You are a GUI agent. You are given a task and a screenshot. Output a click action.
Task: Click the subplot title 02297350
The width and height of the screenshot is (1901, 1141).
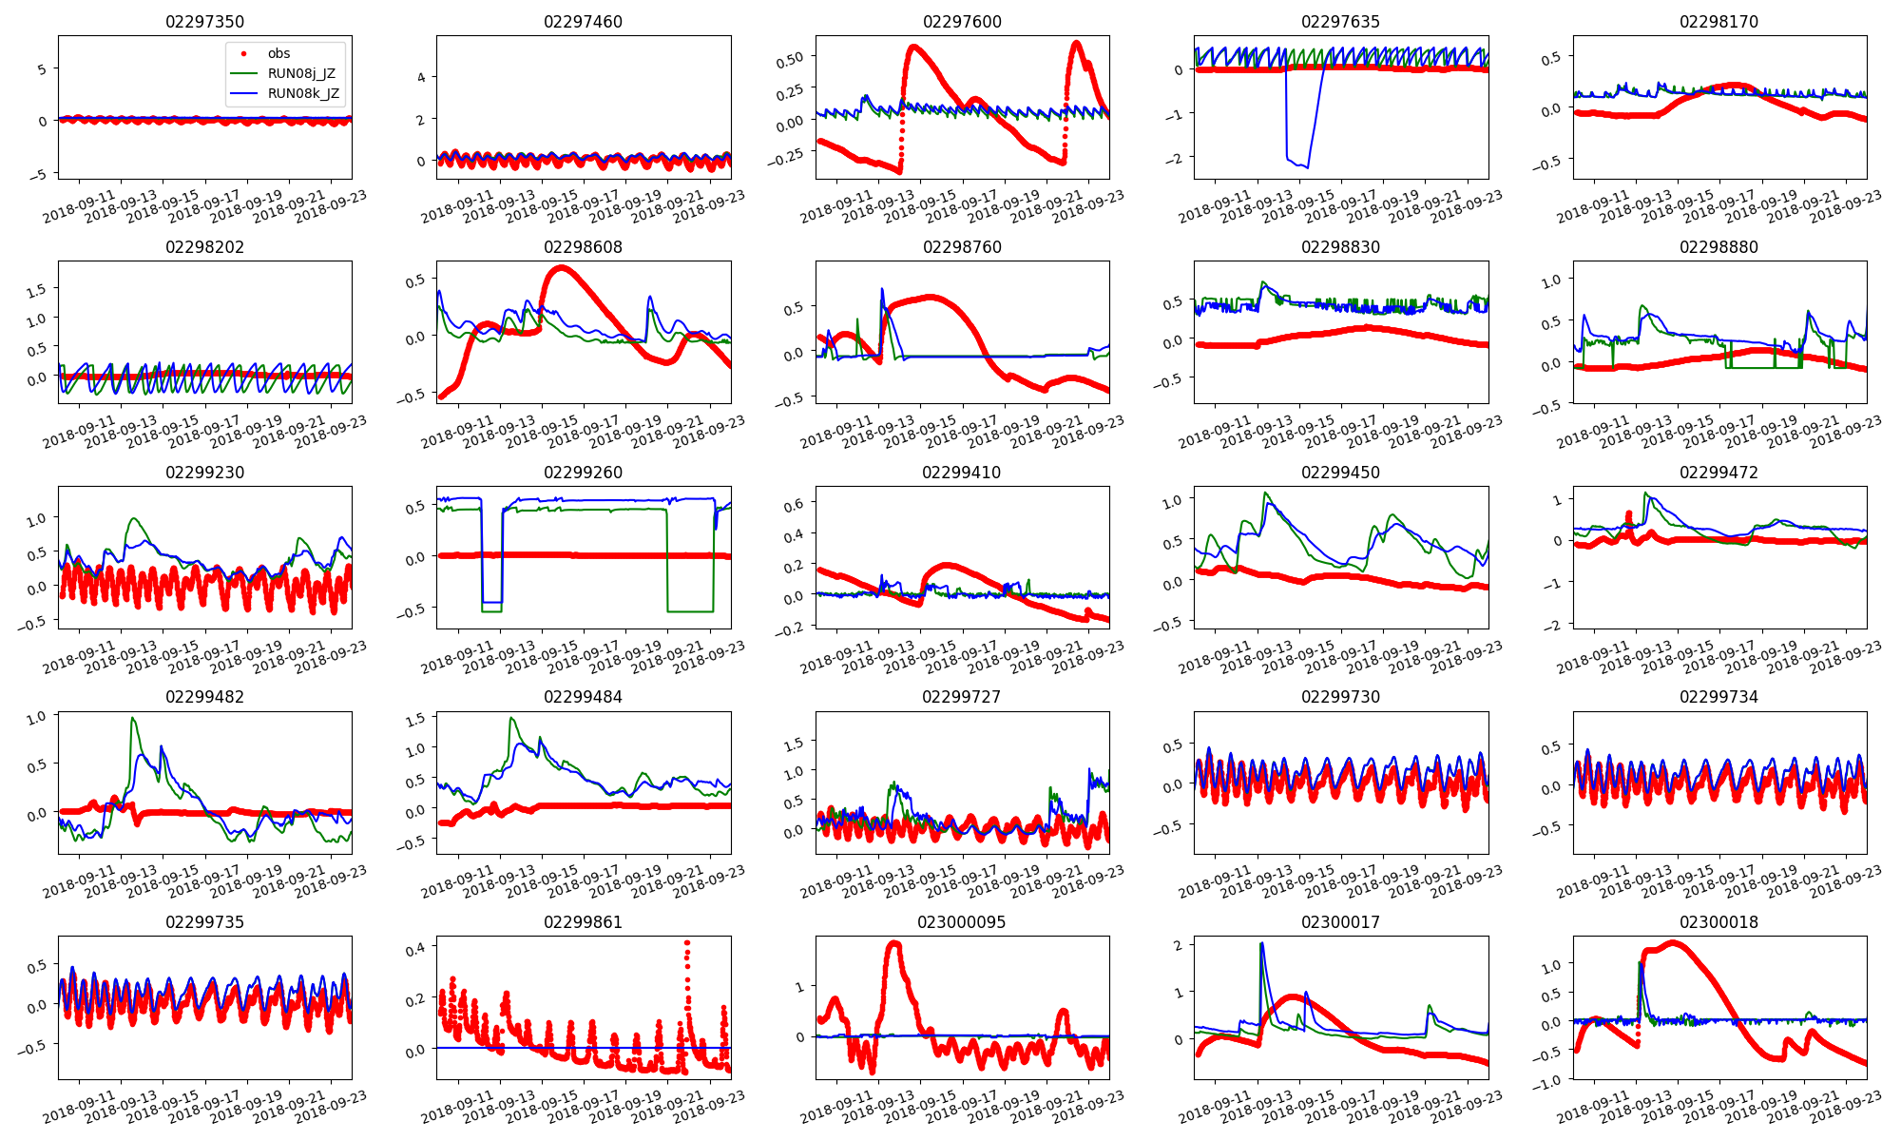[205, 22]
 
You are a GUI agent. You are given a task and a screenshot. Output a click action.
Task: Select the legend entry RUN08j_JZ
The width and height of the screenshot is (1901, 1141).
[301, 73]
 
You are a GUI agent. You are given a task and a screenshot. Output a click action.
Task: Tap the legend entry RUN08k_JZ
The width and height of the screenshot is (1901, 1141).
[302, 93]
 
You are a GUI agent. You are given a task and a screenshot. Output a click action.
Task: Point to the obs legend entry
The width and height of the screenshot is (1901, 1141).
[278, 53]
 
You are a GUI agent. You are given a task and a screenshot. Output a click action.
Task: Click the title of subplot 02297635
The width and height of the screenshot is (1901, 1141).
[1340, 22]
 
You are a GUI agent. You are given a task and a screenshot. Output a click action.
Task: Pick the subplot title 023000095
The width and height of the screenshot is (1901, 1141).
[961, 922]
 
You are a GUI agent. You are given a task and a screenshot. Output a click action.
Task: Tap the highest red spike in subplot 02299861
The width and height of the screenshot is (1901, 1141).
[687, 943]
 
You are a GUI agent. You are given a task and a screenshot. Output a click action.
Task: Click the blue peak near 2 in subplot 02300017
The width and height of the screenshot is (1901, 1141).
[1261, 943]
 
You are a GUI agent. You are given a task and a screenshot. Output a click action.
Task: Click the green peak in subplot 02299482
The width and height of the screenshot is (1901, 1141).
[132, 718]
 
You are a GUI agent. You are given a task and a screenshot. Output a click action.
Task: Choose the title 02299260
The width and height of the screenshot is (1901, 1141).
[583, 473]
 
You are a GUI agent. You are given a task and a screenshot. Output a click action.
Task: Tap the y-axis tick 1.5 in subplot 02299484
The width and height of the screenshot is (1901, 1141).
[415, 721]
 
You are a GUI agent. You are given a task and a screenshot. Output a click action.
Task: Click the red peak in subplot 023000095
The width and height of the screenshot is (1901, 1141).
[893, 943]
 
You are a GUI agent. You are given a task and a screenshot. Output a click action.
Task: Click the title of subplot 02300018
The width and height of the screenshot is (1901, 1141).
[1719, 922]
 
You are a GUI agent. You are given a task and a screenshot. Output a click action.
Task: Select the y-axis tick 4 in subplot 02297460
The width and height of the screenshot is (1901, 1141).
[421, 77]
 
